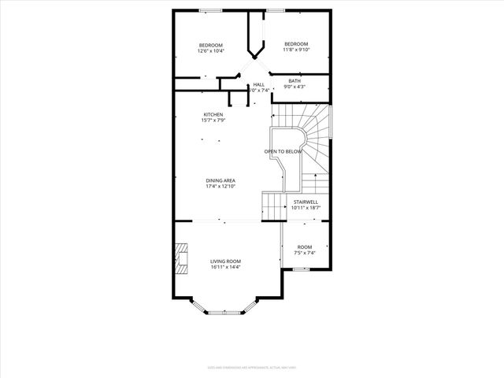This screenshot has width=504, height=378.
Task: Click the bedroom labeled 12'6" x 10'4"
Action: tap(211, 47)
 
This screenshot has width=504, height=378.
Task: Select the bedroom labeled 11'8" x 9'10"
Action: tap(296, 47)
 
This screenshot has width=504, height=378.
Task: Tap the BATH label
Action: tap(295, 80)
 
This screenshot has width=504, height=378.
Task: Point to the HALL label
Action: tap(259, 84)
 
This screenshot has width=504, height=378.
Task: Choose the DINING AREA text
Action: tap(220, 180)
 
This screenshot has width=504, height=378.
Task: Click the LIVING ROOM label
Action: tap(225, 261)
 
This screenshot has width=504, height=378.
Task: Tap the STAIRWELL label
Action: tap(305, 202)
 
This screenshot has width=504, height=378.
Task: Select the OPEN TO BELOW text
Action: tap(283, 151)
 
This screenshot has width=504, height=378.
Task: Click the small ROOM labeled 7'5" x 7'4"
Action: tap(305, 249)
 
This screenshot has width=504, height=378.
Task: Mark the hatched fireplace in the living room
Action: tap(182, 258)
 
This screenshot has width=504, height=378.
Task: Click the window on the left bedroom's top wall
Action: tap(210, 10)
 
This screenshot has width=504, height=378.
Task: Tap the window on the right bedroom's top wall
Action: tap(276, 10)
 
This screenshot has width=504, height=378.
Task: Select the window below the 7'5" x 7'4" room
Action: tap(300, 269)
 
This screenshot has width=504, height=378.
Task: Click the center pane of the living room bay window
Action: tap(226, 313)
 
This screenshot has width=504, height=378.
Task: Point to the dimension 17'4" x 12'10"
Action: tap(220, 186)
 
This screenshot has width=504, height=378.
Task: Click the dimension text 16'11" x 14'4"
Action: tap(225, 267)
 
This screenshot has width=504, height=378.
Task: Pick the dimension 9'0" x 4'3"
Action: tap(295, 87)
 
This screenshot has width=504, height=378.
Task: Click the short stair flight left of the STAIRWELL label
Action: tap(272, 207)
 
